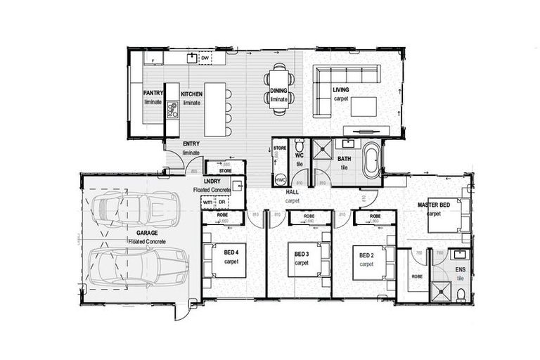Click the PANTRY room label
pyautogui.click(x=153, y=92)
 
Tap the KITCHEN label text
pyautogui.click(x=192, y=93)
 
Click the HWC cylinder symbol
pyautogui.click(x=280, y=180)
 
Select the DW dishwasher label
pyautogui.click(x=206, y=58)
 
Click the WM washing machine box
pyautogui.click(x=207, y=202)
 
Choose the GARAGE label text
pyautogui.click(x=137, y=231)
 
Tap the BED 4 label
pyautogui.click(x=232, y=254)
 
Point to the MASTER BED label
pyautogui.click(x=433, y=205)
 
